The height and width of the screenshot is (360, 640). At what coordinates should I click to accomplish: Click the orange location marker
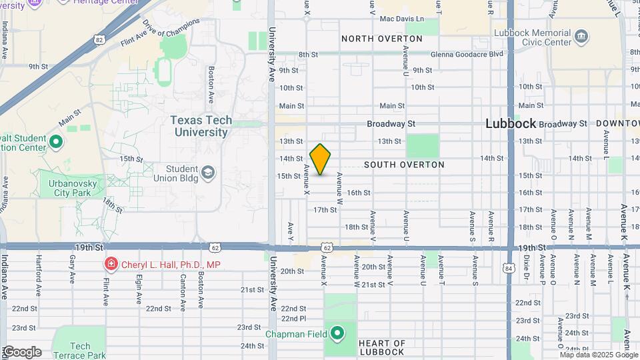(x=320, y=159)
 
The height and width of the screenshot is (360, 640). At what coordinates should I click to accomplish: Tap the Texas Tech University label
(x=201, y=126)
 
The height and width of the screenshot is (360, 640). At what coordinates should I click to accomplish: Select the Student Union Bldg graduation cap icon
(x=208, y=173)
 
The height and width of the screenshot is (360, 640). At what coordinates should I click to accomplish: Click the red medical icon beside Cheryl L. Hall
(x=111, y=265)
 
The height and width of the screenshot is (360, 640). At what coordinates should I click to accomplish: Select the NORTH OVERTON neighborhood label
(x=382, y=39)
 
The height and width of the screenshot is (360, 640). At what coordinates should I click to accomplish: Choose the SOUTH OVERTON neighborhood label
(x=405, y=164)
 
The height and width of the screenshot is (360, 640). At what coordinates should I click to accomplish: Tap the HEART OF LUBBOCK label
(x=381, y=347)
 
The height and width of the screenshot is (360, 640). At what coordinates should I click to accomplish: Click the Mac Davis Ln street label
(x=402, y=19)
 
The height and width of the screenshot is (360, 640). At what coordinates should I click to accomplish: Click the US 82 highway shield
(x=99, y=40)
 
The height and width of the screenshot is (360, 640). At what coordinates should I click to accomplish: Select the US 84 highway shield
(x=509, y=269)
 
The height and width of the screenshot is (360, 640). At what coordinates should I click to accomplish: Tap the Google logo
(x=21, y=352)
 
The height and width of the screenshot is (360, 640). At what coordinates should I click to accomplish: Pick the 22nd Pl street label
(x=293, y=318)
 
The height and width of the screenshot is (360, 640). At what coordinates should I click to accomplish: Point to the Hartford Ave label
(x=39, y=285)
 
